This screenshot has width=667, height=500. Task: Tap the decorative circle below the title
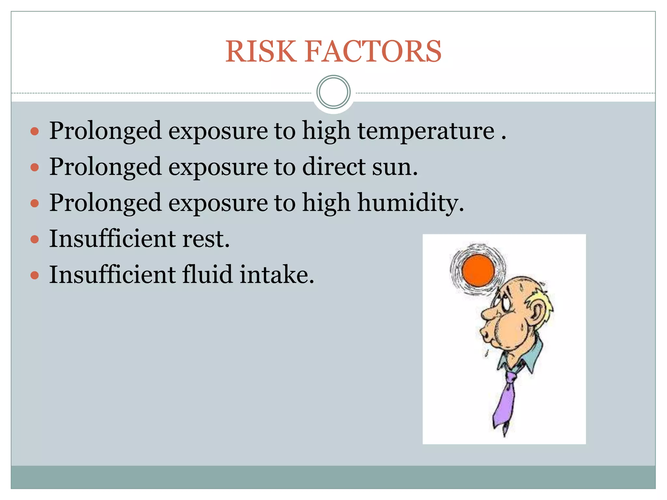(x=333, y=92)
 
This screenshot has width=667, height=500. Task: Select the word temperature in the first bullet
(x=426, y=131)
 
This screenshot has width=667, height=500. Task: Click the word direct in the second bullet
(x=334, y=167)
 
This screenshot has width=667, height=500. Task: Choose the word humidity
(x=410, y=203)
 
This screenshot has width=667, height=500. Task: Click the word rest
(x=206, y=239)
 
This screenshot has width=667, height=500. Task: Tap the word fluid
(x=207, y=274)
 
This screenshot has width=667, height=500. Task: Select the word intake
(x=277, y=274)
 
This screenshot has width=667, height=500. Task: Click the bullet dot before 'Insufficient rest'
(x=35, y=240)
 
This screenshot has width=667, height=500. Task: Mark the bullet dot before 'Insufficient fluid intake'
(x=35, y=276)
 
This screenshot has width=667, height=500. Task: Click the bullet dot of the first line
(x=35, y=132)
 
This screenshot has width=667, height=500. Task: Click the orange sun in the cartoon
(x=478, y=271)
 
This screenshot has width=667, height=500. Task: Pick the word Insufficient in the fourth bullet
(x=112, y=239)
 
